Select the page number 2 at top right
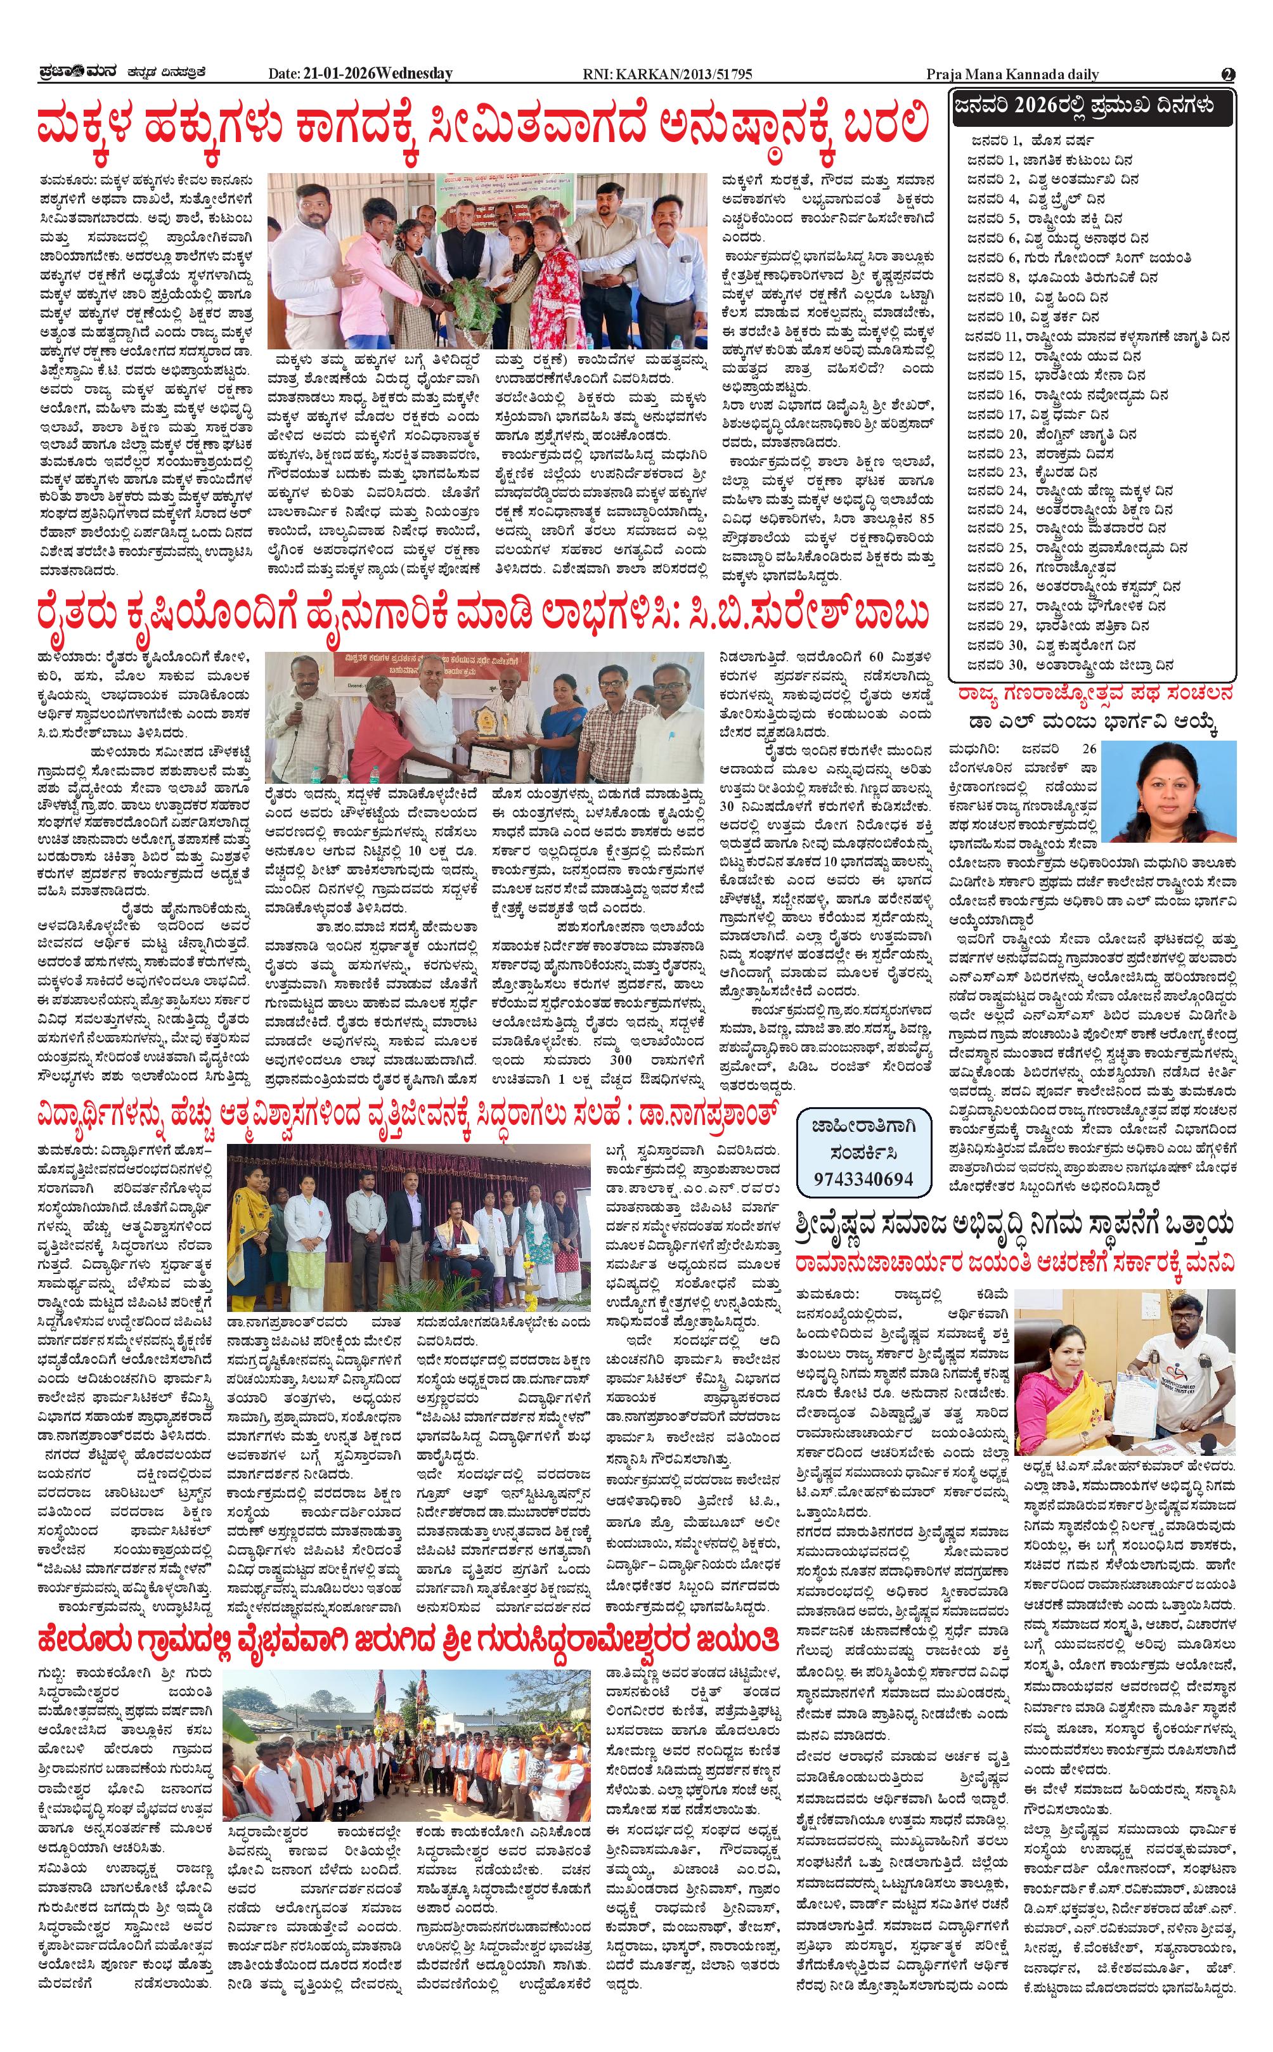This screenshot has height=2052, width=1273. [1229, 74]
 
